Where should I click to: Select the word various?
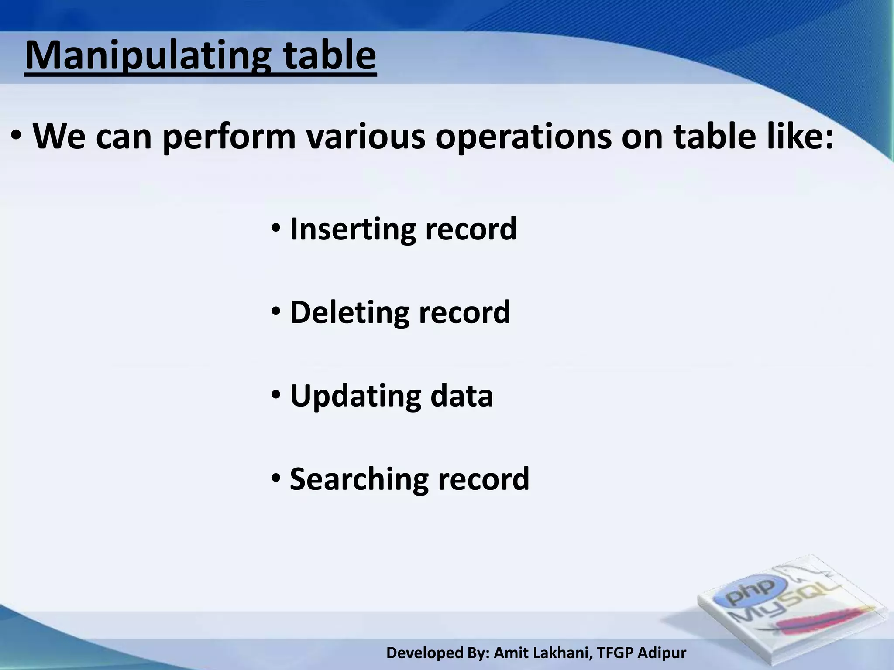click(365, 137)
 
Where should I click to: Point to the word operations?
click(524, 137)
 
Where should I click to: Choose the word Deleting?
click(349, 312)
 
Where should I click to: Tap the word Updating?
click(355, 396)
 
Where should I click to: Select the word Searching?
click(358, 479)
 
